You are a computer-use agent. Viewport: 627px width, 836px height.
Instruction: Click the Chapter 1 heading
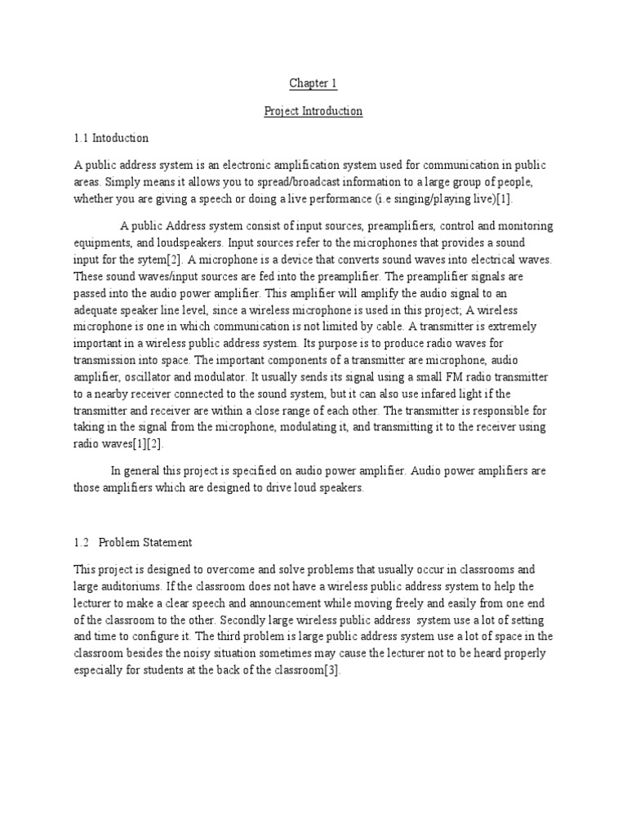point(313,83)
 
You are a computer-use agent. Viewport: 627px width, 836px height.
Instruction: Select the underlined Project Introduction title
point(313,111)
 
